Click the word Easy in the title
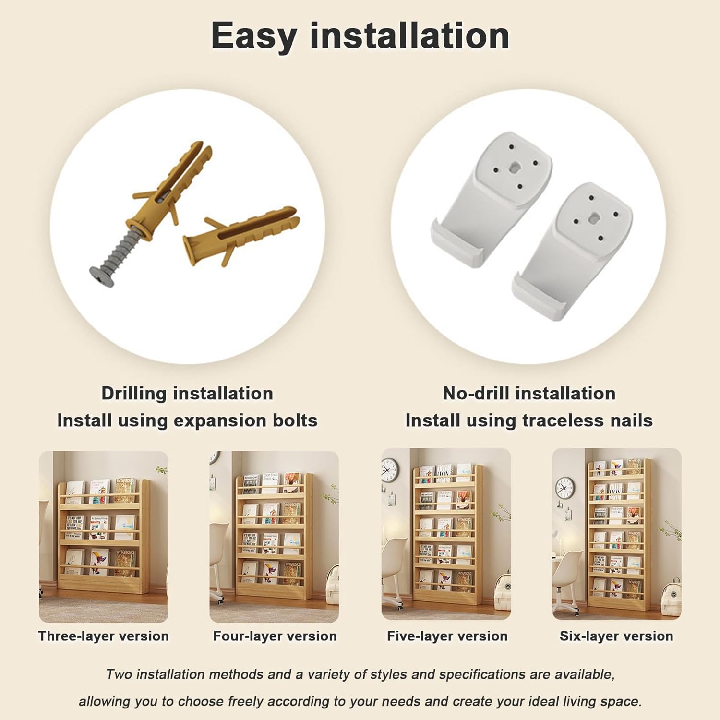pos(253,36)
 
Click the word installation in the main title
pos(409,36)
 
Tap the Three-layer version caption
pos(104,636)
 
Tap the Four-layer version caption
pos(275,636)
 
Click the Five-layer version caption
pos(447,636)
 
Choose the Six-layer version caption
pos(616,636)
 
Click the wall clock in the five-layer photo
pos(390,470)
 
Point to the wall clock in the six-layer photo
pos(564,489)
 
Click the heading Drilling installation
pos(187,394)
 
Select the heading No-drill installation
pos(529,394)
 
